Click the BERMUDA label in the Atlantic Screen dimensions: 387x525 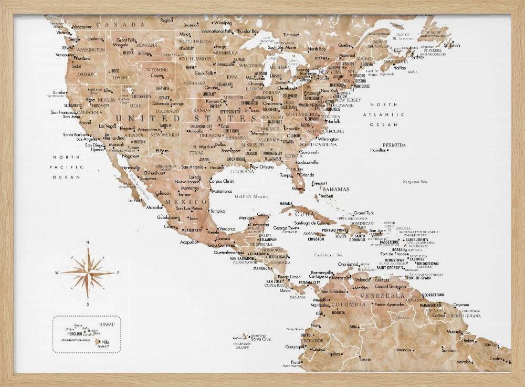(x=394, y=145)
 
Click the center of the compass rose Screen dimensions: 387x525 (x=88, y=273)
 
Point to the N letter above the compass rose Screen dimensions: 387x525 (x=88, y=242)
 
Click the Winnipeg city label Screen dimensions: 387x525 (x=223, y=23)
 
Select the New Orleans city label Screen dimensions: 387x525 (x=261, y=166)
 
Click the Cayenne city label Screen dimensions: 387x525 (x=461, y=305)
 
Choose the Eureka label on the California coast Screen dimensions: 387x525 (x=59, y=92)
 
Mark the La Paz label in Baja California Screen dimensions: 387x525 (x=134, y=200)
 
